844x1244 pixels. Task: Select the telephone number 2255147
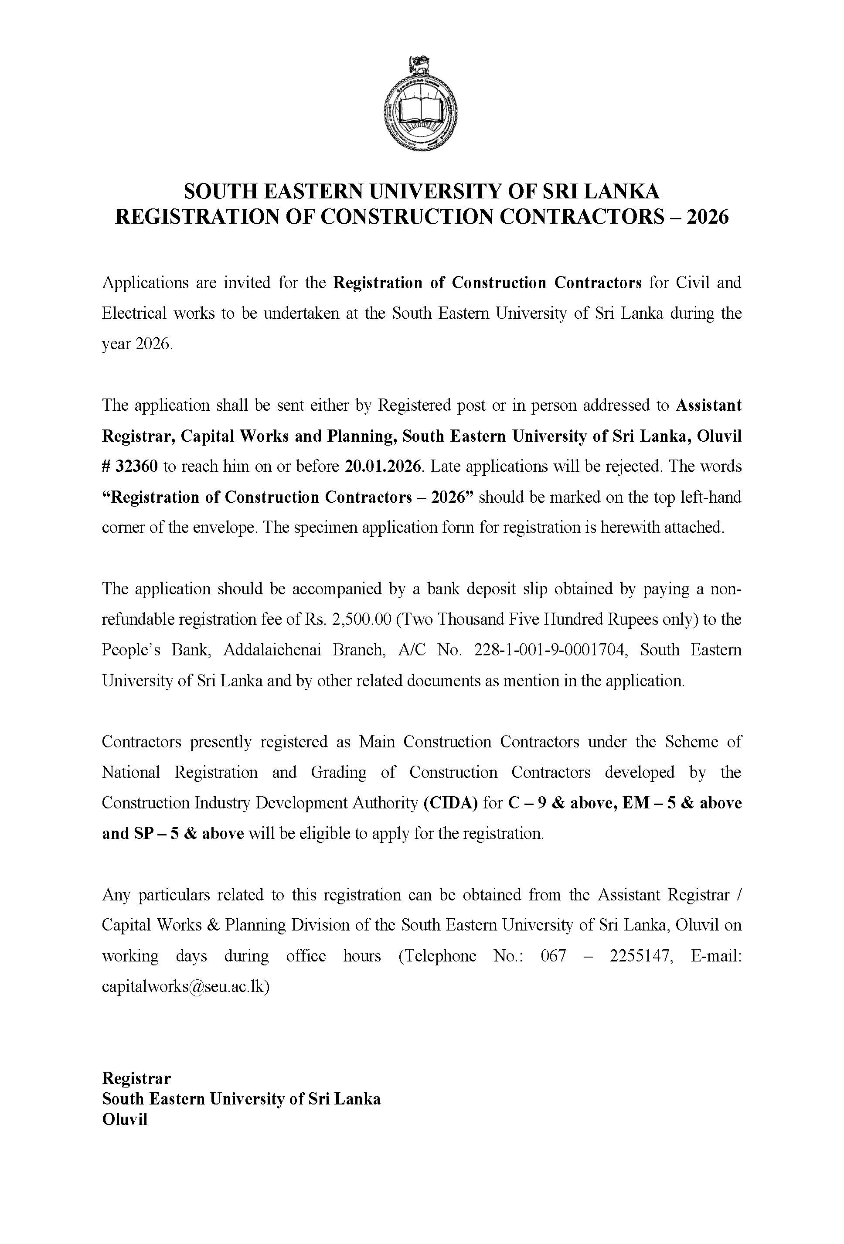pos(640,956)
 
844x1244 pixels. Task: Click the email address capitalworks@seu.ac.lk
pos(186,987)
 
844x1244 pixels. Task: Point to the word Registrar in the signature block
pos(136,1077)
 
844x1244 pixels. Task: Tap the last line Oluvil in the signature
pos(125,1119)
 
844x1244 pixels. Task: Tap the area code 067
pos(553,956)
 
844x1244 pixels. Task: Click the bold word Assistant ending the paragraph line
pos(708,405)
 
